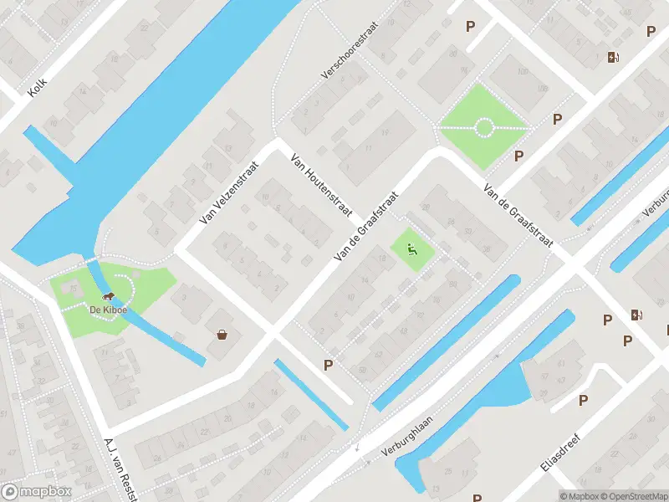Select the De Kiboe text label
tap(107, 310)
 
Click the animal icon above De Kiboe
tap(107, 297)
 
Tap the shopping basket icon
tap(222, 335)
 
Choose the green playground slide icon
tap(411, 248)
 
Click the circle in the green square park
tap(484, 128)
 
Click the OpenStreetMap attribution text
tap(635, 496)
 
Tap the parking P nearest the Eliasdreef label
tap(583, 400)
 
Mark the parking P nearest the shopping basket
tap(328, 365)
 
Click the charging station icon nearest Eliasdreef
tap(636, 315)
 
